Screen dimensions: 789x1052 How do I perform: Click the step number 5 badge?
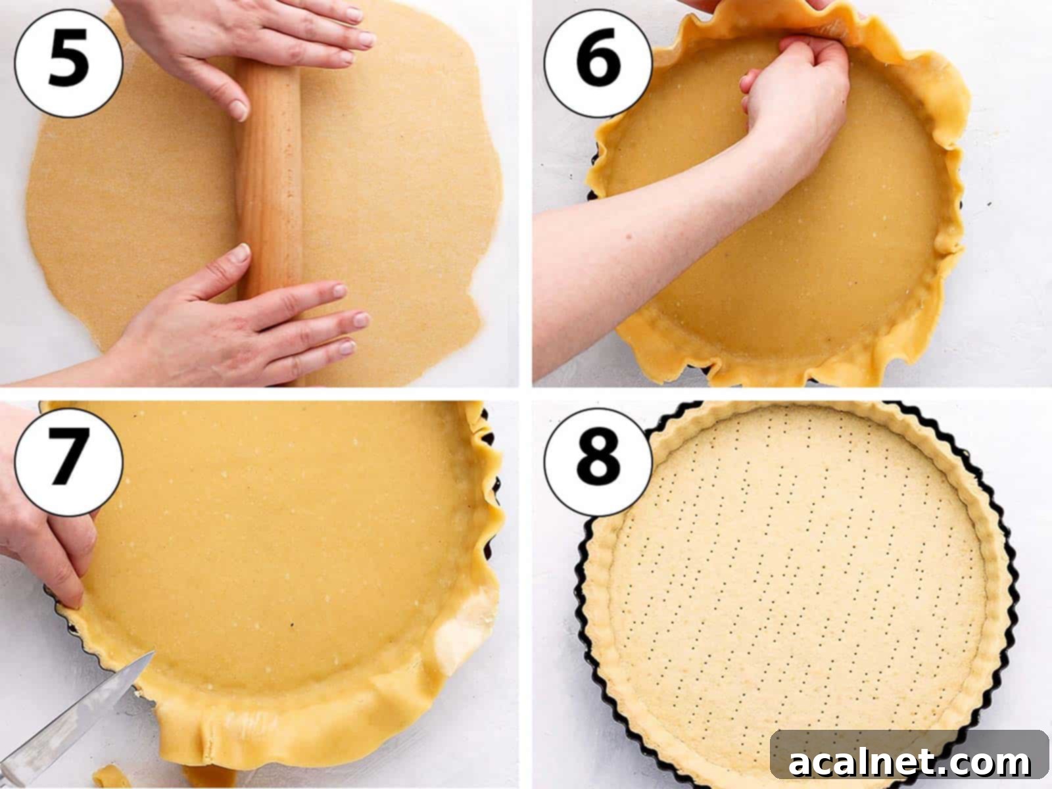coord(68,62)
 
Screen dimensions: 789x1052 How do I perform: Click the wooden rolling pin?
coord(270,197)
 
